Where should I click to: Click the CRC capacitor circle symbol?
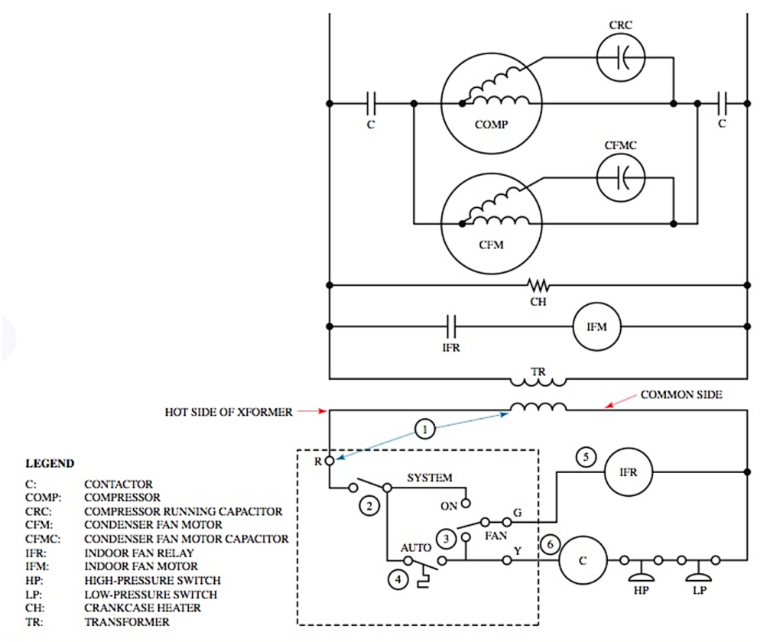pyautogui.click(x=620, y=57)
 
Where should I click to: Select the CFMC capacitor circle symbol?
pyautogui.click(x=620, y=177)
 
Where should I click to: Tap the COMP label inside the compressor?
pyautogui.click(x=491, y=125)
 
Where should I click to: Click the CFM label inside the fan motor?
pyautogui.click(x=490, y=245)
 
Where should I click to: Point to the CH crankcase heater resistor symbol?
pyautogui.click(x=538, y=286)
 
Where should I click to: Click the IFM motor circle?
pyautogui.click(x=597, y=326)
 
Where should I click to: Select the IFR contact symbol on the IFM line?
pyautogui.click(x=450, y=326)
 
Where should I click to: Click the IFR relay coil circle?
pyautogui.click(x=628, y=472)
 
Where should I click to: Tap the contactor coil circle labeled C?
pyautogui.click(x=583, y=561)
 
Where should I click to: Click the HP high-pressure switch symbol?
pyautogui.click(x=641, y=569)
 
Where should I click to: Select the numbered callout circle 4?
pyautogui.click(x=397, y=579)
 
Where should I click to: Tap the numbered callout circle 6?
pyautogui.click(x=549, y=545)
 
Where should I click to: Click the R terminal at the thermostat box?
pyautogui.click(x=330, y=461)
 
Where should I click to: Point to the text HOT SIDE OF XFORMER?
pyautogui.click(x=229, y=412)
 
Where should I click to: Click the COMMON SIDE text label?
pyautogui.click(x=681, y=395)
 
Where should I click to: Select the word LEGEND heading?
pyautogui.click(x=50, y=463)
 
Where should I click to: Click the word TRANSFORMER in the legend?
pyautogui.click(x=126, y=622)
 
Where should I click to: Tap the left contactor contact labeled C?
pyautogui.click(x=371, y=102)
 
